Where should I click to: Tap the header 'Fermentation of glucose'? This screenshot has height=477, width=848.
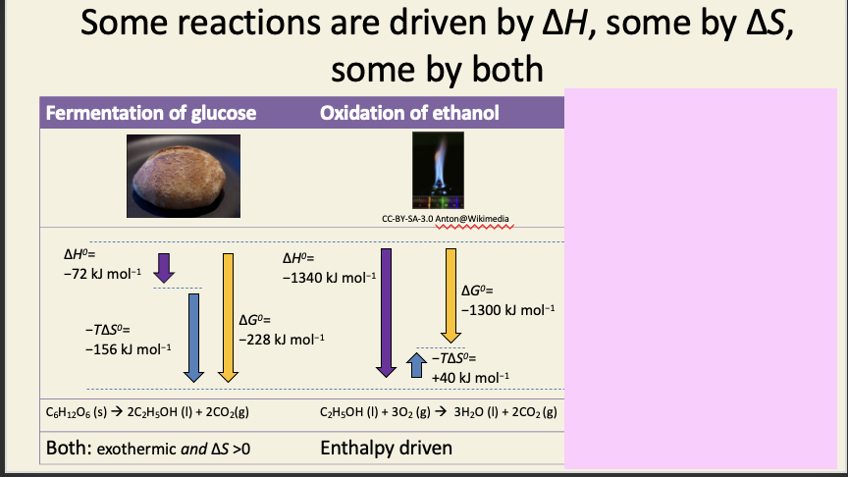(x=151, y=113)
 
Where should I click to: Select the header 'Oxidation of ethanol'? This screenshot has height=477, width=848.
(x=409, y=113)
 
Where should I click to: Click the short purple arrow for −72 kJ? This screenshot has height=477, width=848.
(x=164, y=265)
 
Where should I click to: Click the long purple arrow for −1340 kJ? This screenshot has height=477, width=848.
(x=387, y=313)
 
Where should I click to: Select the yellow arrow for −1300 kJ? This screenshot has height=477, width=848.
(x=451, y=294)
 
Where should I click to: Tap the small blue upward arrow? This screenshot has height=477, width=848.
(x=416, y=364)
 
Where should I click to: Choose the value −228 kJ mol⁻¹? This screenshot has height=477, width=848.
(x=282, y=339)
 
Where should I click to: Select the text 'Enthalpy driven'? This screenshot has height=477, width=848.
(x=387, y=448)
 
